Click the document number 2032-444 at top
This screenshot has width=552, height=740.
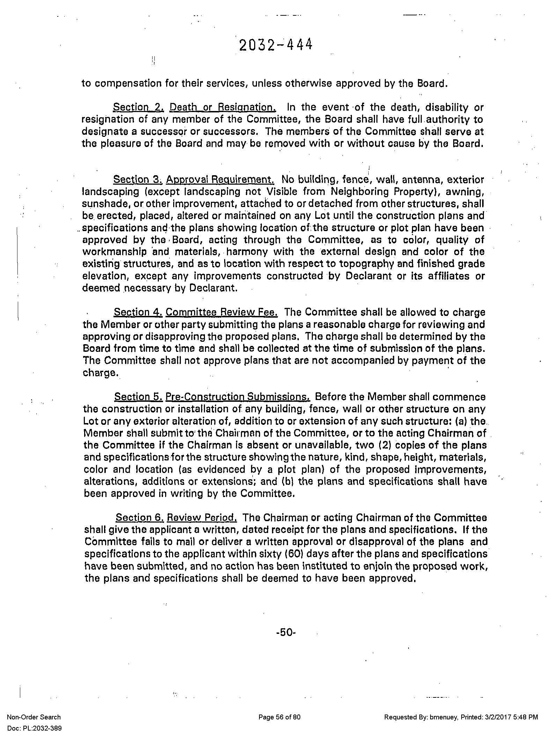pos(275,45)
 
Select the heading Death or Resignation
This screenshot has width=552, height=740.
pos(223,107)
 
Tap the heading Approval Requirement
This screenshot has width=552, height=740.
pos(220,180)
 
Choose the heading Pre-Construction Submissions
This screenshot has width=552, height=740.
pos(237,397)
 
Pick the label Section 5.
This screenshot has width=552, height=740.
pos(138,397)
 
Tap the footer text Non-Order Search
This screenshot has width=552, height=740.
pos(34,717)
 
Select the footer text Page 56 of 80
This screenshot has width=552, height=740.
pos(279,717)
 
